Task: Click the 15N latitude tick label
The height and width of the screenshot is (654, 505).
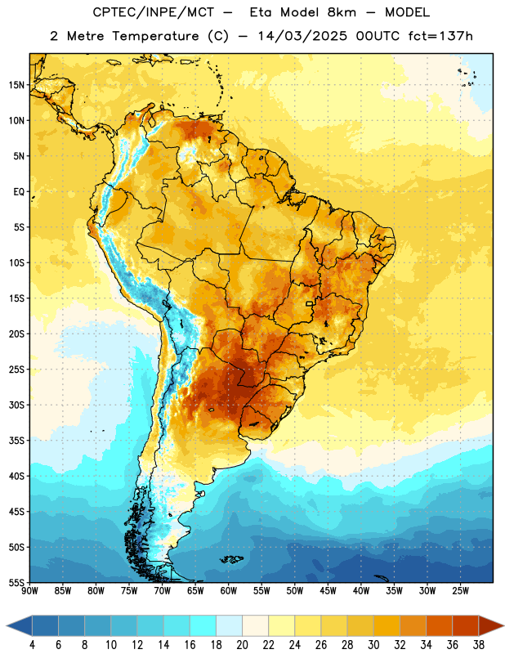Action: coord(16,85)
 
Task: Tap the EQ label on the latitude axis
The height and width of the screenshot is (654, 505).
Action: coord(19,192)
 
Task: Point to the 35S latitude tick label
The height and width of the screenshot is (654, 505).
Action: coord(16,441)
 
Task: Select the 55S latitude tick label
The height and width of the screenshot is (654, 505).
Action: coord(16,582)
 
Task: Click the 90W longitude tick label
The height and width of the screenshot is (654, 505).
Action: coord(29,591)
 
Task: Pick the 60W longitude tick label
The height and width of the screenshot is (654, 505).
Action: coord(229,591)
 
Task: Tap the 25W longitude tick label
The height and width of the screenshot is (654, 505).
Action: coord(461,591)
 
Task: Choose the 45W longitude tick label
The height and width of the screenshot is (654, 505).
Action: coord(328,591)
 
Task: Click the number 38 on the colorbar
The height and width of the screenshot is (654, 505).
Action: coord(479,645)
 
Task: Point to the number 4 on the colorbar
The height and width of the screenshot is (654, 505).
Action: coord(32,645)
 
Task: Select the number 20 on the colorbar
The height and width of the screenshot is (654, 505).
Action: coord(242,645)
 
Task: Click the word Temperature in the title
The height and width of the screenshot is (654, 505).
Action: coord(155,36)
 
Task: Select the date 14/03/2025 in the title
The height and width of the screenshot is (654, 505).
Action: coord(302,36)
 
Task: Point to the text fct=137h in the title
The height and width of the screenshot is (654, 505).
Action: coord(440,36)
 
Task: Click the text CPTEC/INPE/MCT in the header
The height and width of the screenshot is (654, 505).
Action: coord(154,12)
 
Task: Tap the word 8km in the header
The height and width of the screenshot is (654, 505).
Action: coord(342,12)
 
